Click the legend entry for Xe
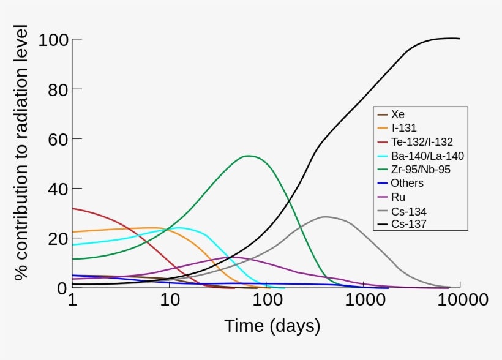[397, 114]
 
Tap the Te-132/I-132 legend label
[421, 142]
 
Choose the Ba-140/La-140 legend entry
[427, 156]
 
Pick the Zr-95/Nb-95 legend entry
[420, 170]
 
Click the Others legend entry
[406, 183]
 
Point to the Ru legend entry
[398, 197]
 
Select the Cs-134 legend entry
[408, 211]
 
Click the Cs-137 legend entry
[408, 224]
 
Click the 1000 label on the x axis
[364, 300]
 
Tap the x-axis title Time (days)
[272, 326]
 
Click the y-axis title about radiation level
[22, 153]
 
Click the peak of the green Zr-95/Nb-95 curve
[248, 156]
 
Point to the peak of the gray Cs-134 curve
[324, 216]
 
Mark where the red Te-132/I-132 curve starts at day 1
[73, 208]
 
